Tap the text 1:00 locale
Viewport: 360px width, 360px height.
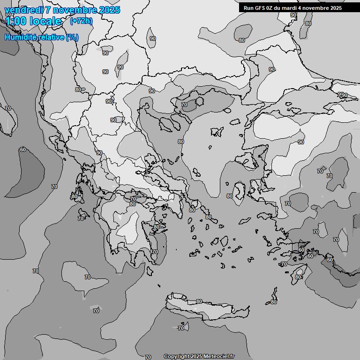tap(33, 21)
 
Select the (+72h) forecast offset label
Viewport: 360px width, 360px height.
tap(81, 21)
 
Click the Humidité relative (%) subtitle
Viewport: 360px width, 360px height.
tap(42, 37)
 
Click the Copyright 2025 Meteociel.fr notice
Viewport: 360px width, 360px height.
tap(199, 357)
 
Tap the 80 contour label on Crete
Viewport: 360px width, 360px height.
tap(199, 301)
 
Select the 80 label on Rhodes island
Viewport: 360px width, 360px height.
tap(298, 277)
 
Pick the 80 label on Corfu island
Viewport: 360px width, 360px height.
tap(75, 196)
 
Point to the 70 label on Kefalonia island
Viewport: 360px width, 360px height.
tap(81, 218)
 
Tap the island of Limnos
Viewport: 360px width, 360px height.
tap(216, 131)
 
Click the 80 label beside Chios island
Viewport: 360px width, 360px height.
tap(230, 196)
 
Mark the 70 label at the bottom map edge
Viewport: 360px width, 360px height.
tap(148, 357)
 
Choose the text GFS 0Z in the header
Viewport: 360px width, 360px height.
tap(259, 8)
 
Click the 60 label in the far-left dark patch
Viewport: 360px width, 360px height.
tap(22, 150)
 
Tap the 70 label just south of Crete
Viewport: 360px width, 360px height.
tap(181, 328)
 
